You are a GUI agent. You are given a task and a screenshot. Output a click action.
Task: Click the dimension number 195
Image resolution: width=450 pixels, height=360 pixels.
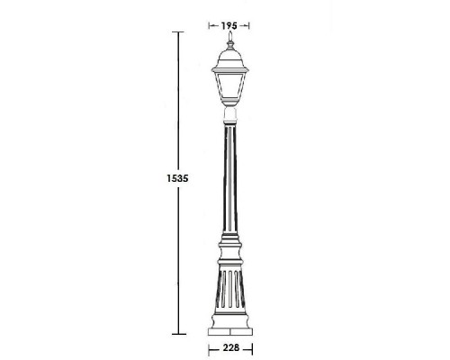229,24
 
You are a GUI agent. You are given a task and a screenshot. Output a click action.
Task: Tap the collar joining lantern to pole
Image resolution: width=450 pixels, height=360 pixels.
229,114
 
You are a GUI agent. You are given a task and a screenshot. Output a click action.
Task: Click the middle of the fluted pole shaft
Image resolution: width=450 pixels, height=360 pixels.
229,180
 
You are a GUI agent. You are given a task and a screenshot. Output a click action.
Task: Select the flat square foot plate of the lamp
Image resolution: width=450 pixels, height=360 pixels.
229,331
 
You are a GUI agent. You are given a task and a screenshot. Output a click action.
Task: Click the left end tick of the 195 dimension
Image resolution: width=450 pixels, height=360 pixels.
210,25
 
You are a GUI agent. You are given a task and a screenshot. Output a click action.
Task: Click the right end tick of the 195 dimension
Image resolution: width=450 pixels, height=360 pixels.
249,25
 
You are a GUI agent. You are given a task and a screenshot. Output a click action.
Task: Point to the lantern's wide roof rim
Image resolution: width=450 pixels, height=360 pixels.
229,68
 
